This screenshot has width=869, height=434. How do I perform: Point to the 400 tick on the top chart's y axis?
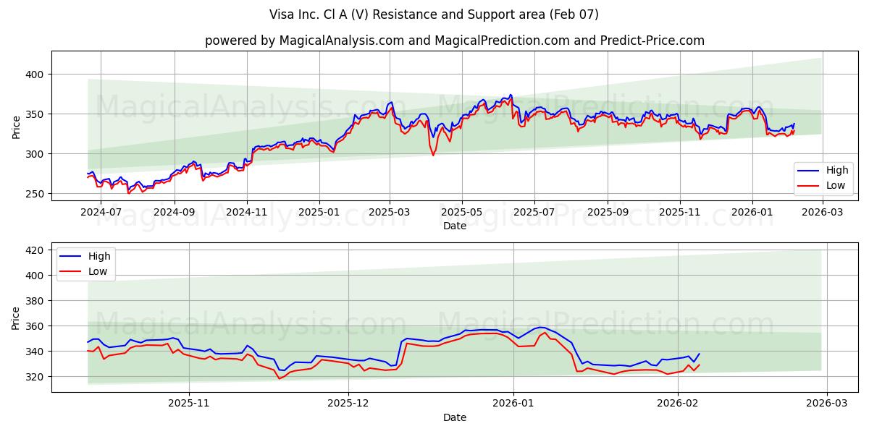coord(36,75)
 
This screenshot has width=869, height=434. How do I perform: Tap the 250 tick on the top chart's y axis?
coord(36,194)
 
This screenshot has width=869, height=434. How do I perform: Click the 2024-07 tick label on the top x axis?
coord(101,213)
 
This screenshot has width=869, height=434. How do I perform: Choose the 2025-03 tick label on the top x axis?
coord(390,213)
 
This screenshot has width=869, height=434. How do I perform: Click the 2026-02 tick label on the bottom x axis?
coord(677,404)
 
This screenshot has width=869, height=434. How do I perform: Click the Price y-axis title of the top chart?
coord(17,126)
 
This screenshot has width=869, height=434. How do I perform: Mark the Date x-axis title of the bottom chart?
coord(454,417)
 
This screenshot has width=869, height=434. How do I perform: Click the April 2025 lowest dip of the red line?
coord(434,155)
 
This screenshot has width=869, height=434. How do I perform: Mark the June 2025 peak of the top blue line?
coord(510,95)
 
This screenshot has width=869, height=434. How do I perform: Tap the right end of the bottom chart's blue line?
coord(699,354)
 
